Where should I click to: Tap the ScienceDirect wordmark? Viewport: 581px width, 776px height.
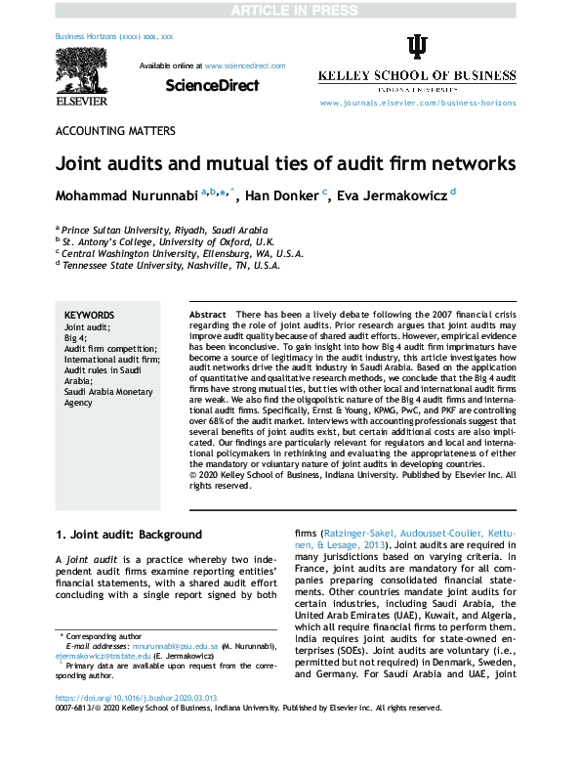212,86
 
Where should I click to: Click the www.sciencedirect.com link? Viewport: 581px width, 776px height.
244,65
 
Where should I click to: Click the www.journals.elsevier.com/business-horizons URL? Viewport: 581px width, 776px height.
417,103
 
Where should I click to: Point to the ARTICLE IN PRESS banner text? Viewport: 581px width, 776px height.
289,10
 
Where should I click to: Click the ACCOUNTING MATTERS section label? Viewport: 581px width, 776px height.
115,130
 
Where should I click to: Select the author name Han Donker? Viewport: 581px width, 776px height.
281,195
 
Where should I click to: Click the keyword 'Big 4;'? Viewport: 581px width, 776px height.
75,336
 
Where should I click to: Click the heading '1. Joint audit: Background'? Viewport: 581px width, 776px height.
128,535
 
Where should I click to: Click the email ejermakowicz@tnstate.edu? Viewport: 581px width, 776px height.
98,657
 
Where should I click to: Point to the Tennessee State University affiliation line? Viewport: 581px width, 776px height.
171,264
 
